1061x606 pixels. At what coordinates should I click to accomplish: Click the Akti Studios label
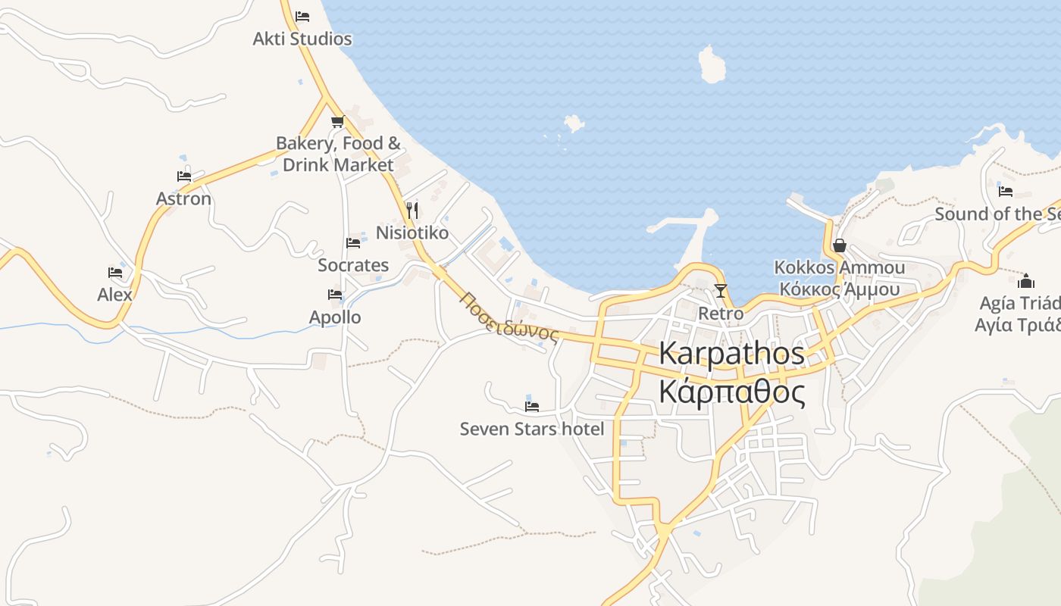coord(302,39)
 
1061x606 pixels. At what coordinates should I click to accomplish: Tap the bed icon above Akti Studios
coord(302,16)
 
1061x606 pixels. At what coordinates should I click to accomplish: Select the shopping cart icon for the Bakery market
coord(337,121)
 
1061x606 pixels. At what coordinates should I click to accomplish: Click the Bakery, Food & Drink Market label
coord(338,154)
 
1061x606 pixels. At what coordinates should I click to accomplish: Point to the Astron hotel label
coord(183,198)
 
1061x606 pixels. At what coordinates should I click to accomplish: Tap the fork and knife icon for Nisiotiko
coord(412,210)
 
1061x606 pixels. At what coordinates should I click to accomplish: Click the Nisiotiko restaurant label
coord(412,233)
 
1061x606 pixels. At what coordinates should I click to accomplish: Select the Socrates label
coord(353,265)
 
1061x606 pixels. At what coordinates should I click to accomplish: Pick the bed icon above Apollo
coord(335,295)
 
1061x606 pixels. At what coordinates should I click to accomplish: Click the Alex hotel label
coord(114,295)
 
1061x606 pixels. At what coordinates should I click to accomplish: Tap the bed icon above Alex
coord(115,273)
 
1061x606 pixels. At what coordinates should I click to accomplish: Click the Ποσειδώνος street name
coord(508,317)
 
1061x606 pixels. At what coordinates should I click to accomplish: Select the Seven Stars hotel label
coord(532,429)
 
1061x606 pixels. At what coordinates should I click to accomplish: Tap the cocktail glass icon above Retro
coord(721,290)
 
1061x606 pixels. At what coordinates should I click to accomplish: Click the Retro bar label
coord(721,313)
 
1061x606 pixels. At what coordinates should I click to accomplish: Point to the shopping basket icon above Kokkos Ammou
coord(839,245)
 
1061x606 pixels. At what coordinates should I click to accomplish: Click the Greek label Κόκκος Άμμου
coord(839,289)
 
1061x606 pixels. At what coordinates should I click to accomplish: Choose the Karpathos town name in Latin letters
coord(731,353)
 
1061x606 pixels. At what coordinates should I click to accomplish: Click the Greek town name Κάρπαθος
coord(731,392)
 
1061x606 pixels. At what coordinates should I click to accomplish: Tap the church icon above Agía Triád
coord(1026,281)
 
